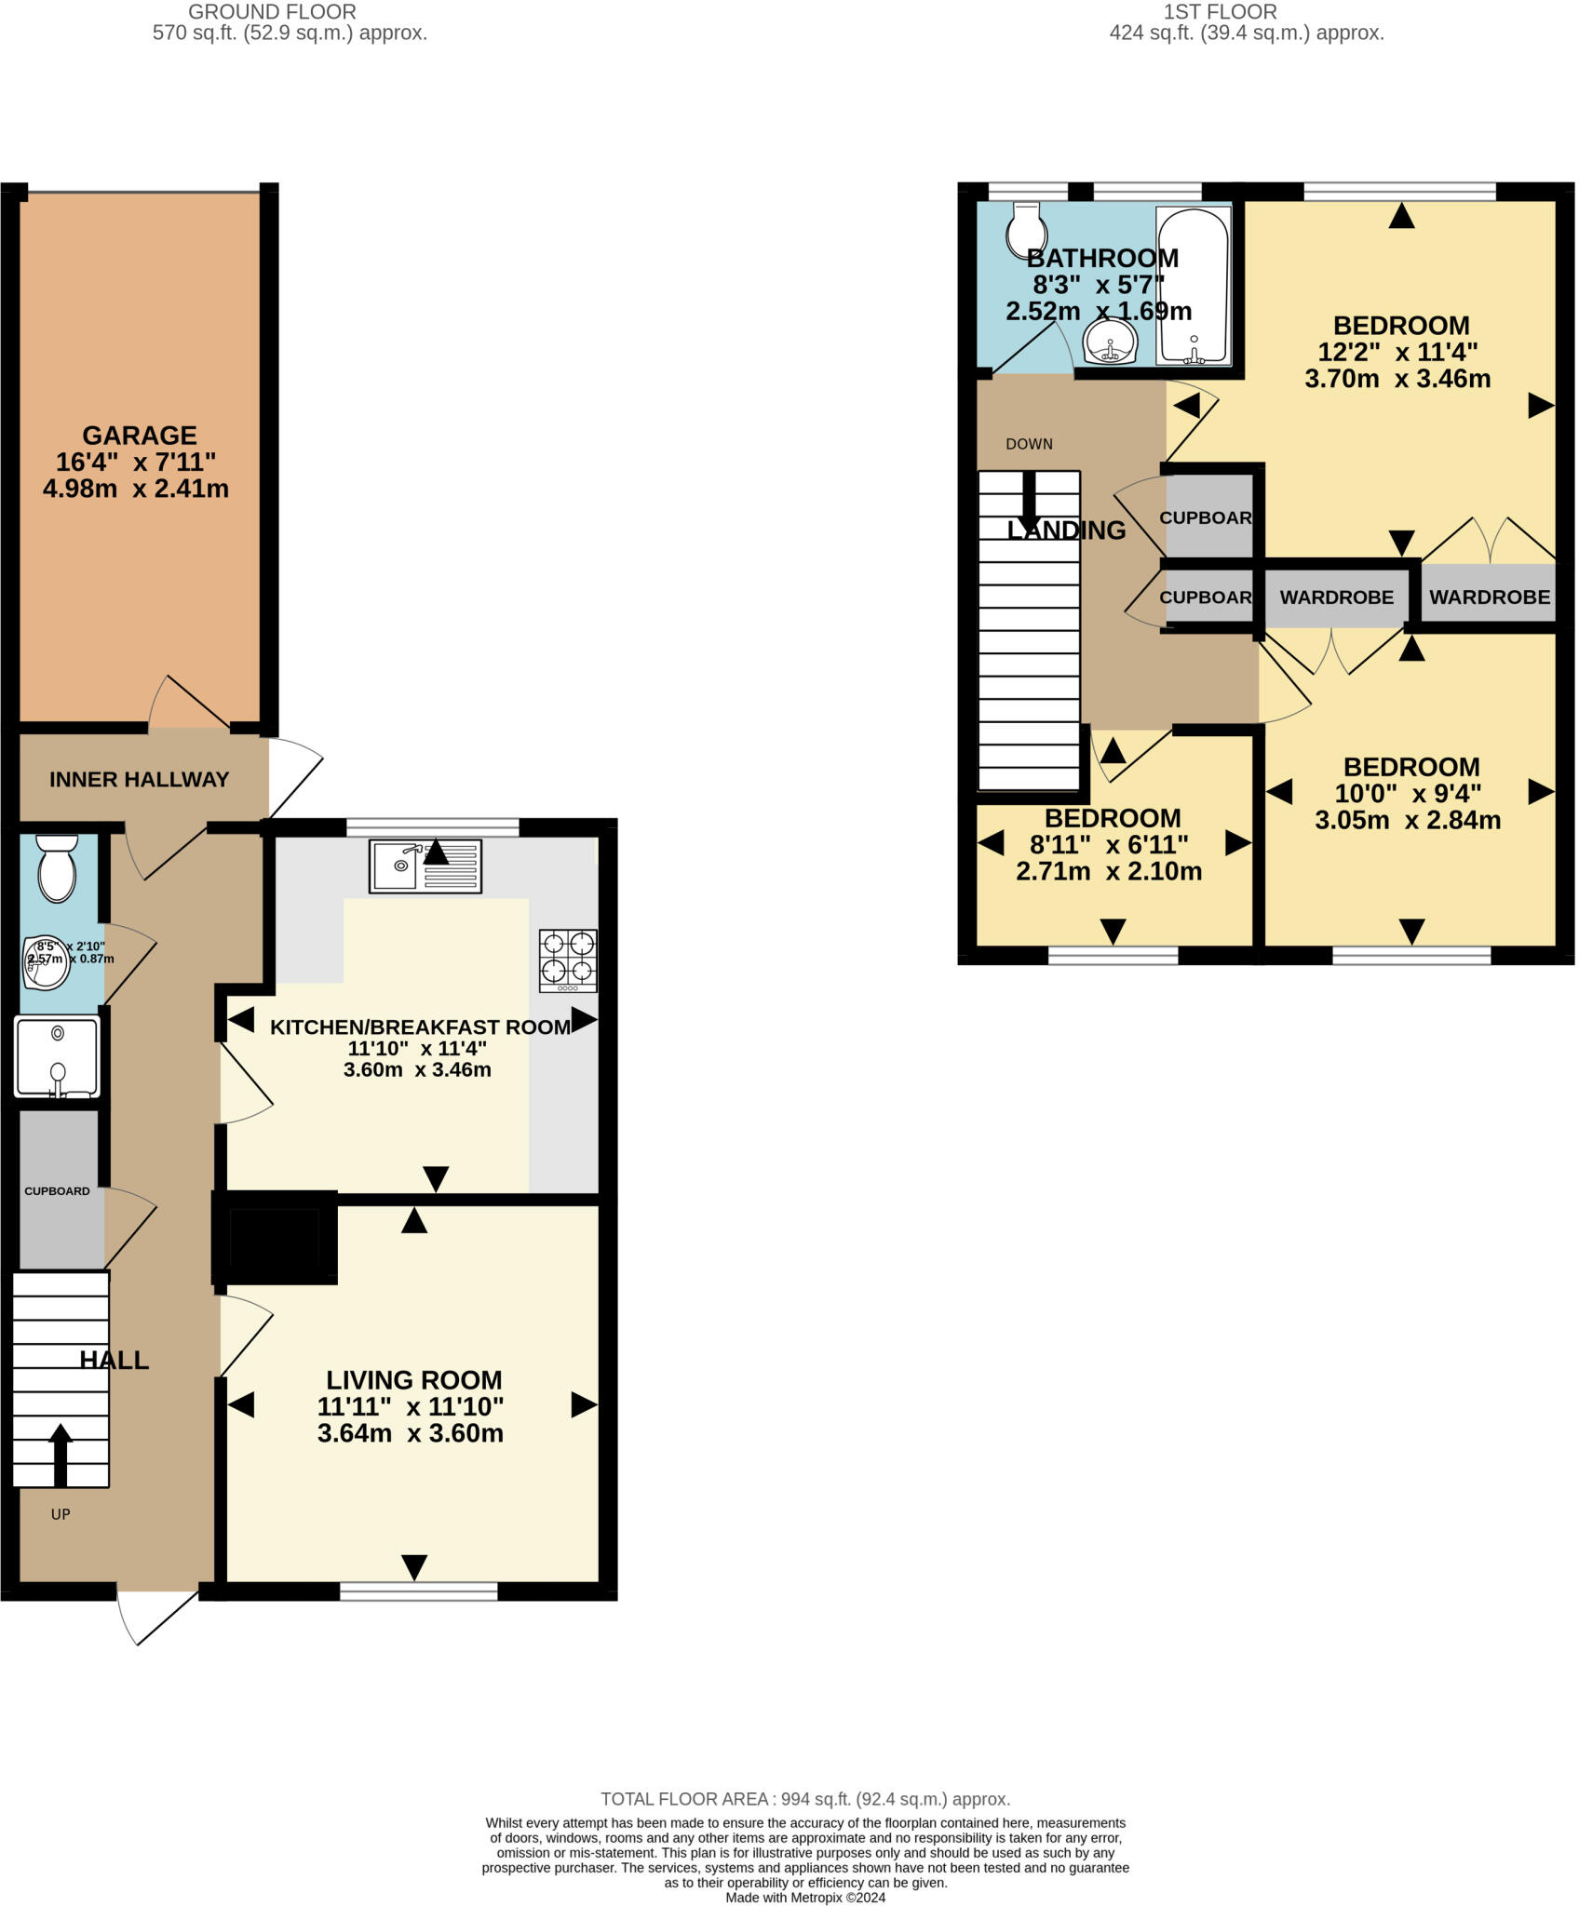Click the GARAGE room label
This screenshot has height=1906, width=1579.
pyautogui.click(x=140, y=436)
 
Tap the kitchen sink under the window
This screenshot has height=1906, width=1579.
pyautogui.click(x=425, y=866)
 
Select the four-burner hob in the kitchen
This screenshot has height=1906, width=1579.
pyautogui.click(x=568, y=960)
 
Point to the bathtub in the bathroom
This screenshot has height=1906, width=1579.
pyautogui.click(x=1193, y=286)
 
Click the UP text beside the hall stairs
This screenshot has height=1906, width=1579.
pyautogui.click(x=61, y=1514)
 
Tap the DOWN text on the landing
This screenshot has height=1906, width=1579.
pyautogui.click(x=1029, y=444)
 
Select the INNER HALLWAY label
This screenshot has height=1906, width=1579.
pyautogui.click(x=139, y=780)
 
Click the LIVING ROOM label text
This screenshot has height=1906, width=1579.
pyautogui.click(x=413, y=1380)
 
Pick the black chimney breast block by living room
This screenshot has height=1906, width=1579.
pyautogui.click(x=275, y=1238)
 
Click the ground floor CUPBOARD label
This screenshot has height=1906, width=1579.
pyautogui.click(x=57, y=1191)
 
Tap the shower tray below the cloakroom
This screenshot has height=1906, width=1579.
pyautogui.click(x=57, y=1057)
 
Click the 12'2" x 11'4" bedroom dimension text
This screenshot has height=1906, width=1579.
pyautogui.click(x=1397, y=353)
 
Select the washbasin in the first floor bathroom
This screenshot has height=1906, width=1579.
pyautogui.click(x=1110, y=342)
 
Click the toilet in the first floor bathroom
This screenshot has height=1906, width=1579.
pyautogui.click(x=1025, y=230)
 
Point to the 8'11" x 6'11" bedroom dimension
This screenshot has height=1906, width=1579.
pyautogui.click(x=1108, y=845)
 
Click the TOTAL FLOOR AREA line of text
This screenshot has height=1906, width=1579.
pyautogui.click(x=804, y=1799)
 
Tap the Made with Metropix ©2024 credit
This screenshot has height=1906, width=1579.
pyautogui.click(x=804, y=1897)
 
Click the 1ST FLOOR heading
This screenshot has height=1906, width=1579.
pyautogui.click(x=1220, y=12)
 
